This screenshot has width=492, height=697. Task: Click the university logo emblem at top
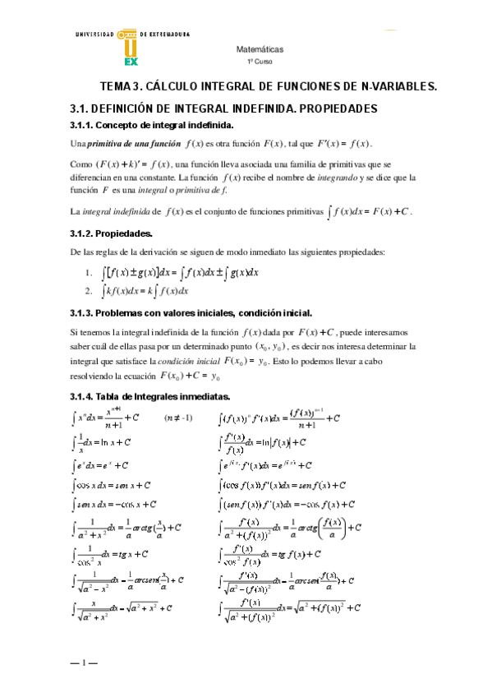click(131, 48)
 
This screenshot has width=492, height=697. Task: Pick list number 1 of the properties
click(88, 273)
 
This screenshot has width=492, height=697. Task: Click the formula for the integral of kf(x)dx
click(145, 290)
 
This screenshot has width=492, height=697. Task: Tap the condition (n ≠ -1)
click(177, 418)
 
